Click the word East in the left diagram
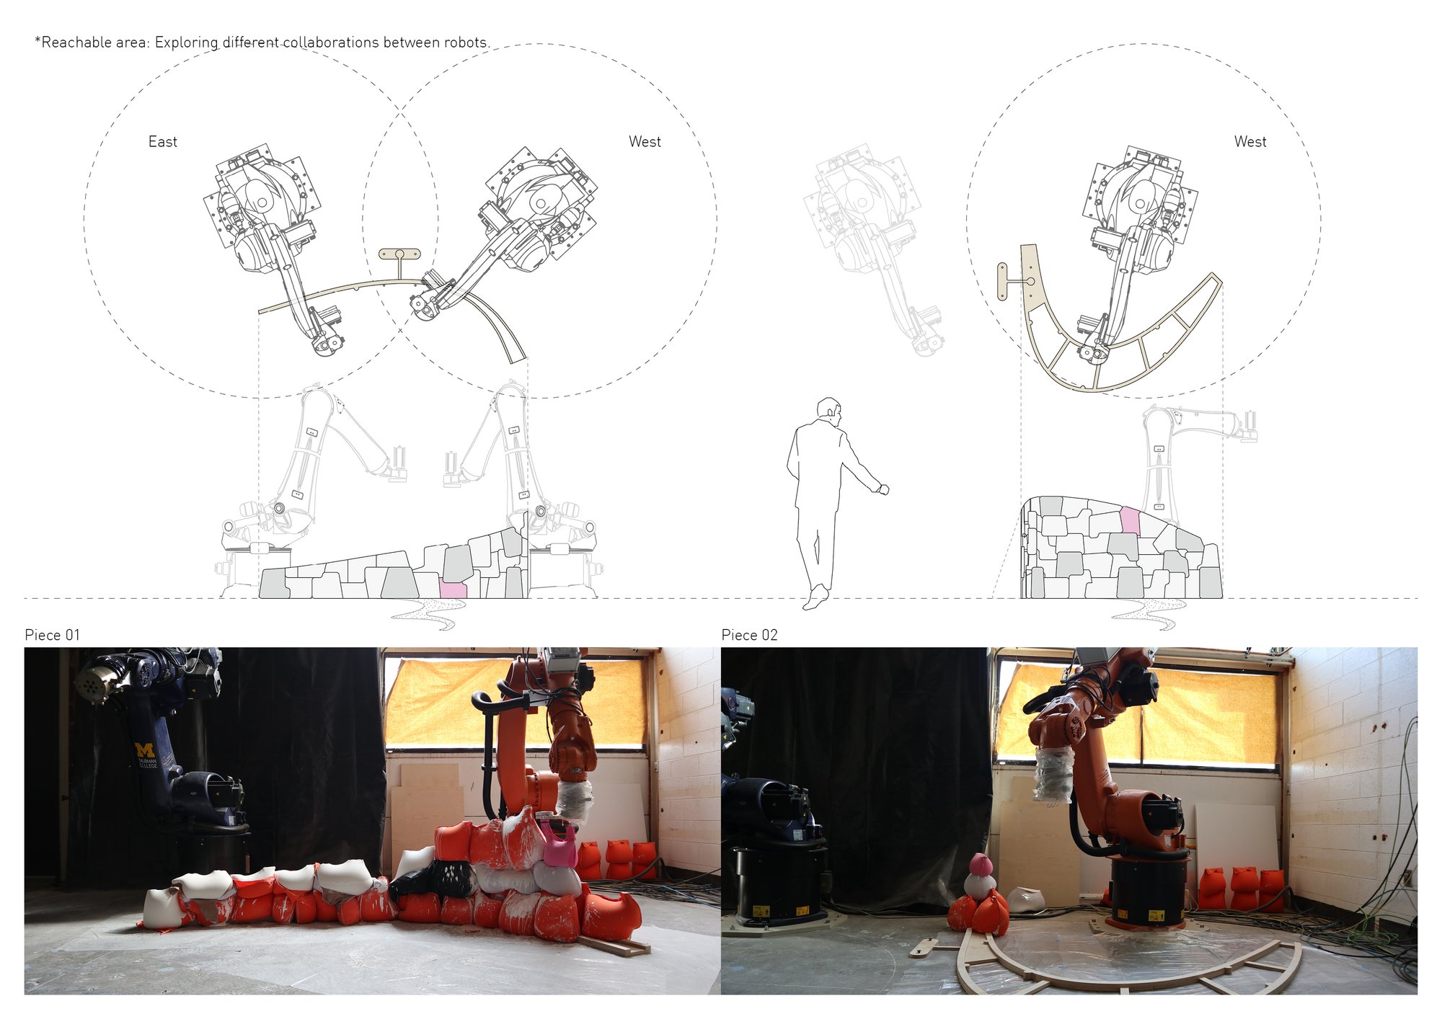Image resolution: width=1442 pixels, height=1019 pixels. [x=162, y=142]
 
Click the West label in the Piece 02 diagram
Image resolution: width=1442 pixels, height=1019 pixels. [x=1249, y=142]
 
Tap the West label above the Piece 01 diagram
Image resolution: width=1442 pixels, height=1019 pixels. [x=645, y=142]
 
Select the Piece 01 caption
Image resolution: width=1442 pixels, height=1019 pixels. [x=52, y=635]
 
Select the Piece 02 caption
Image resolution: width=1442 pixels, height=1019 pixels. [x=749, y=635]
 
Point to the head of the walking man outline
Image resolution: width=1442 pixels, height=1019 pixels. [x=830, y=408]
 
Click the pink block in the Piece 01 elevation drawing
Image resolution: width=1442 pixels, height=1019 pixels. [x=454, y=587]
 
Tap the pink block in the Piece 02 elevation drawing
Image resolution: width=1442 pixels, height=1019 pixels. [x=1130, y=520]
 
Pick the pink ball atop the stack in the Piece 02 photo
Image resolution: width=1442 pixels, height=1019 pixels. [x=979, y=863]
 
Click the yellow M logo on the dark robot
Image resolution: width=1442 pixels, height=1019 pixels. [x=145, y=749]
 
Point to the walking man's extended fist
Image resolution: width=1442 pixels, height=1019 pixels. [x=883, y=489]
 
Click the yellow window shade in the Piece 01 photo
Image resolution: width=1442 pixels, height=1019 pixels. [x=516, y=701]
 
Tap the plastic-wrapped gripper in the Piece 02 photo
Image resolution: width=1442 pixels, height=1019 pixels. [x=1052, y=774]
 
